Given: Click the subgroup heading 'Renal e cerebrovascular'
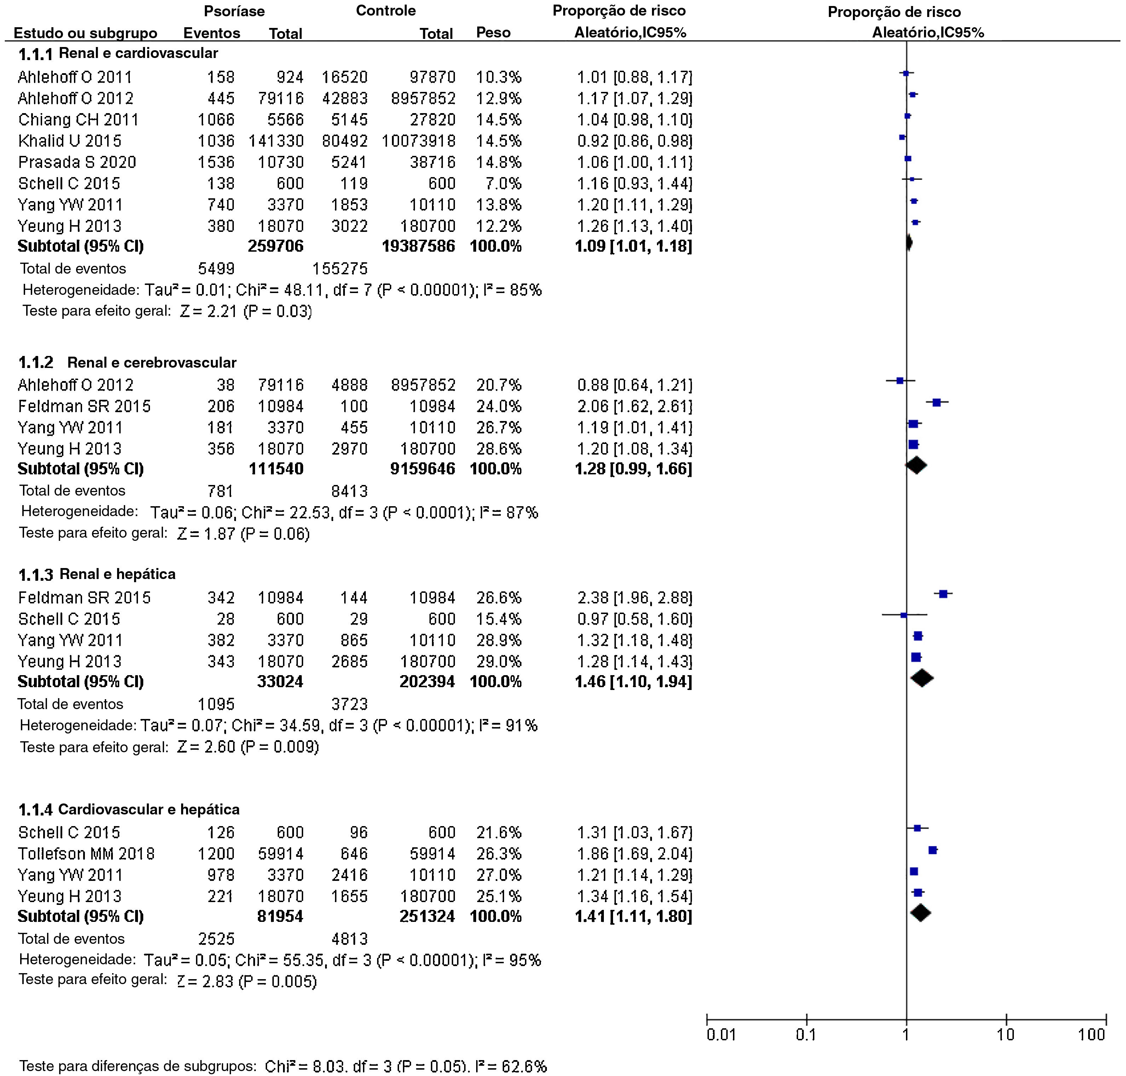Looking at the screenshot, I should tap(151, 362).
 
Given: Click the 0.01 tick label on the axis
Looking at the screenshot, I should tap(721, 1034).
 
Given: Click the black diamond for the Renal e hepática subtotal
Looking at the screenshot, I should tap(922, 679).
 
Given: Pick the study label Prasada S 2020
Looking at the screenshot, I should tap(77, 162).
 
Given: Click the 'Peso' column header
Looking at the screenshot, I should tap(493, 33).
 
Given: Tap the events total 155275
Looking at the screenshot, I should tap(340, 268).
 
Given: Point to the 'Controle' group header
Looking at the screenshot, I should tap(386, 11).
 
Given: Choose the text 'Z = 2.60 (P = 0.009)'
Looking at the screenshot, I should tap(248, 747).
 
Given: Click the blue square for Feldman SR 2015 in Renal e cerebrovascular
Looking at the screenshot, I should tap(937, 403).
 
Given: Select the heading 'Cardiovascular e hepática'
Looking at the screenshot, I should tap(149, 809).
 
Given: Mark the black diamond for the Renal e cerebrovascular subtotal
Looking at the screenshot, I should tap(916, 465).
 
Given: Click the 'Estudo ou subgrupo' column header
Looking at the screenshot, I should tap(86, 33).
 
